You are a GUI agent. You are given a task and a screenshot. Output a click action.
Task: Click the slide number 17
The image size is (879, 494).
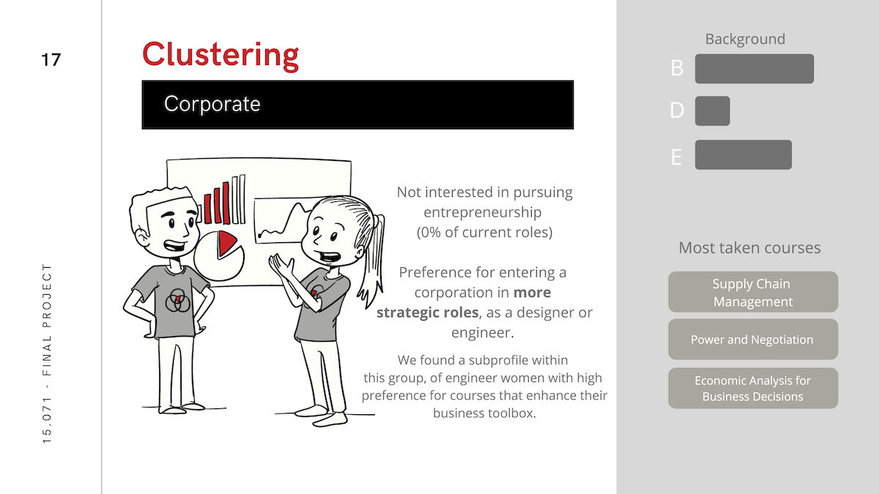pos(51,60)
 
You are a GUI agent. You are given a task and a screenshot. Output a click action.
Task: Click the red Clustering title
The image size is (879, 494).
pos(220,56)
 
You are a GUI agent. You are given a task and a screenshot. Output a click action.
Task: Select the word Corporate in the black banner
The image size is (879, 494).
pos(212,104)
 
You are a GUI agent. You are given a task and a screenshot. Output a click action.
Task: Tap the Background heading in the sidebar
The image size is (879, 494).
pos(745,39)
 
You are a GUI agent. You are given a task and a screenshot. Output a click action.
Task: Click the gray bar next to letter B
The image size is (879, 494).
pos(754,69)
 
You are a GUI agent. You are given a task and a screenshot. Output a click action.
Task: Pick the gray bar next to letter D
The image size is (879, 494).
pos(712,111)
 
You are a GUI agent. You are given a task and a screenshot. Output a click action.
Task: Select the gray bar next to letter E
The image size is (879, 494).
pos(743,154)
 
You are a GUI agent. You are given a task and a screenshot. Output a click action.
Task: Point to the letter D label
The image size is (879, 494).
pos(677,111)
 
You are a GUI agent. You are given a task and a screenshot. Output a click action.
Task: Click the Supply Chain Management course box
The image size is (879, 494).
pos(753,292)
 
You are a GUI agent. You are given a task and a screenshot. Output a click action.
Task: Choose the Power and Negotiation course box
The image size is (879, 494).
pos(753,339)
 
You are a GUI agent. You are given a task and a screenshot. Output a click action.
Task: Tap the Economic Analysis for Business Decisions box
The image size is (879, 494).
pos(753,388)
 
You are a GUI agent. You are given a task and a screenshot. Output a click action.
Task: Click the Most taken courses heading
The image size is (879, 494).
pos(749,248)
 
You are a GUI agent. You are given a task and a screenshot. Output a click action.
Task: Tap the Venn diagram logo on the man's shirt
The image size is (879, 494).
pos(177,301)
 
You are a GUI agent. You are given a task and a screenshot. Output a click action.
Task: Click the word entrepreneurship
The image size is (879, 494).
pos(483,212)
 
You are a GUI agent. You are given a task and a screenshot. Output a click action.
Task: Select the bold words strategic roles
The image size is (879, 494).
pos(427,313)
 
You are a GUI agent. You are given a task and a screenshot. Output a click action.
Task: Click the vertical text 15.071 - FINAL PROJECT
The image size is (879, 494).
pos(47,353)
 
